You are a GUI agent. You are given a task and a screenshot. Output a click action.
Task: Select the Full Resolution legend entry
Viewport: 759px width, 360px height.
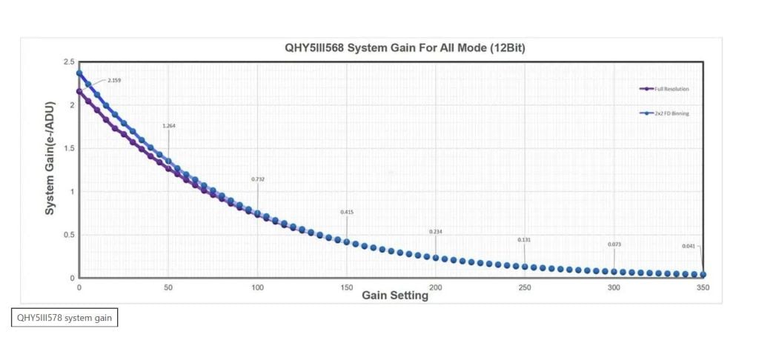[x=664, y=89]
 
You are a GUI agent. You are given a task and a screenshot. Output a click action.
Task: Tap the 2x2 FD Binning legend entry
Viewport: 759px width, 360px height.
[x=664, y=113]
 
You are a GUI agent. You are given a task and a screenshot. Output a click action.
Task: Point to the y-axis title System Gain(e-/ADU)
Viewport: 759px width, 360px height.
[x=50, y=159]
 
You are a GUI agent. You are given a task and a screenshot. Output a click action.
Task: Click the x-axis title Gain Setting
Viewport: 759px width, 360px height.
[x=395, y=295]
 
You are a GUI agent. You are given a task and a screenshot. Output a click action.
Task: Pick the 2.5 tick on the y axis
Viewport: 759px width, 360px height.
[x=69, y=62]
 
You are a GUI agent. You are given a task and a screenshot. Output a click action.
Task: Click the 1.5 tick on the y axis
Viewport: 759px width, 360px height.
[x=69, y=149]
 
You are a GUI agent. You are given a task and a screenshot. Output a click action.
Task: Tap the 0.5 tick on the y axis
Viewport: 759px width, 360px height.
[x=69, y=235]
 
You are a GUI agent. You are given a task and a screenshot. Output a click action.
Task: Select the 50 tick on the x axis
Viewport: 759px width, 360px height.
[x=168, y=287]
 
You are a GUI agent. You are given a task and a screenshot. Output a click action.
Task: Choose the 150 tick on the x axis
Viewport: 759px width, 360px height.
[x=347, y=287]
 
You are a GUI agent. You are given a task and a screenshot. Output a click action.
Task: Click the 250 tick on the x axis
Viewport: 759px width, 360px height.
[x=525, y=287]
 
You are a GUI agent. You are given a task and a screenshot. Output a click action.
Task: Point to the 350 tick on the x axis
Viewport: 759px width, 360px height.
[x=703, y=287]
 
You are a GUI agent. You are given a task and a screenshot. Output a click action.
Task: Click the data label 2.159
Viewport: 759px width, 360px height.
[x=114, y=80]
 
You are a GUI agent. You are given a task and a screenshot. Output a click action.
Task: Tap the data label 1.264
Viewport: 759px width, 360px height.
[x=169, y=126]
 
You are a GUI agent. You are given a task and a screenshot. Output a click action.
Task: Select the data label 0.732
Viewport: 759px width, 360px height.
[x=258, y=179]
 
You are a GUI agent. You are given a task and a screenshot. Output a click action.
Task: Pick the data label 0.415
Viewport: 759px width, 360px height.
[x=347, y=212]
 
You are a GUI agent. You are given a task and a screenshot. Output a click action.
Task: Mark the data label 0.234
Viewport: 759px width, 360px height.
[x=436, y=232]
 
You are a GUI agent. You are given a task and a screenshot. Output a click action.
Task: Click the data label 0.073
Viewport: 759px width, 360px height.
[x=614, y=244]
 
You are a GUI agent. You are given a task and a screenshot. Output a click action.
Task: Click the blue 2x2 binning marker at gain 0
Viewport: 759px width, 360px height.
[x=79, y=73]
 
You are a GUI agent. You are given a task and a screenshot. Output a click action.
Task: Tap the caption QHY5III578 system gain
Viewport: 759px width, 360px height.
[x=64, y=318]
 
